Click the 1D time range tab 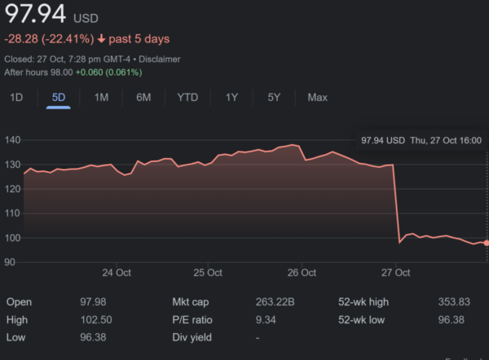click(15, 98)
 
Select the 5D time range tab click(59, 98)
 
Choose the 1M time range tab click(101, 98)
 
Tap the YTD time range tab click(187, 98)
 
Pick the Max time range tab click(317, 98)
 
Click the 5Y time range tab click(274, 98)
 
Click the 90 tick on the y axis click(11, 262)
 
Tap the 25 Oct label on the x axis click(208, 273)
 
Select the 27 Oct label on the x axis click(394, 273)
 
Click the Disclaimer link click(159, 59)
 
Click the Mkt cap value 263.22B click(275, 302)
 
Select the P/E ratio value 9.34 click(267, 319)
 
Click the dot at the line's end click(487, 243)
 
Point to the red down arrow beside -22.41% click(100, 39)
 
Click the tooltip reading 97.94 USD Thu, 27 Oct click(421, 140)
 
